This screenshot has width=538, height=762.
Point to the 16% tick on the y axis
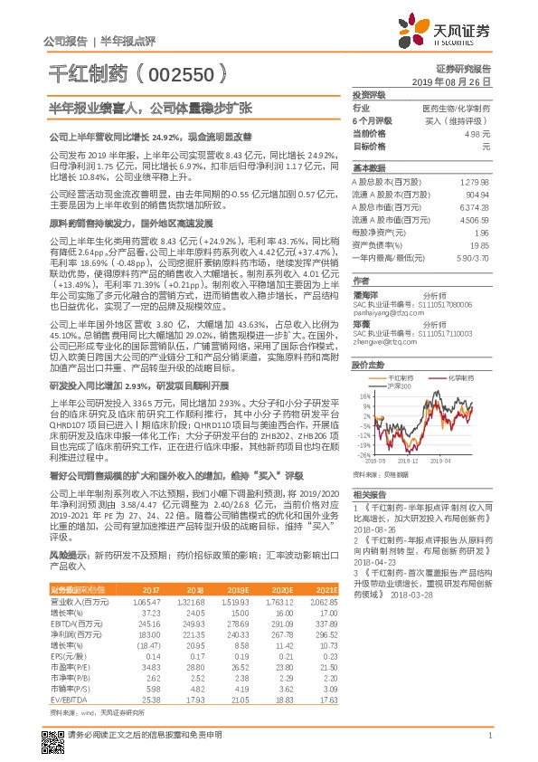coord(366,395)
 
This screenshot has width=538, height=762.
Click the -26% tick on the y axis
coord(364,454)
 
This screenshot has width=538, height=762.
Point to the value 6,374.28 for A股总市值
coord(476,206)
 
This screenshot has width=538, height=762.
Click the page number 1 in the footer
coord(489,735)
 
